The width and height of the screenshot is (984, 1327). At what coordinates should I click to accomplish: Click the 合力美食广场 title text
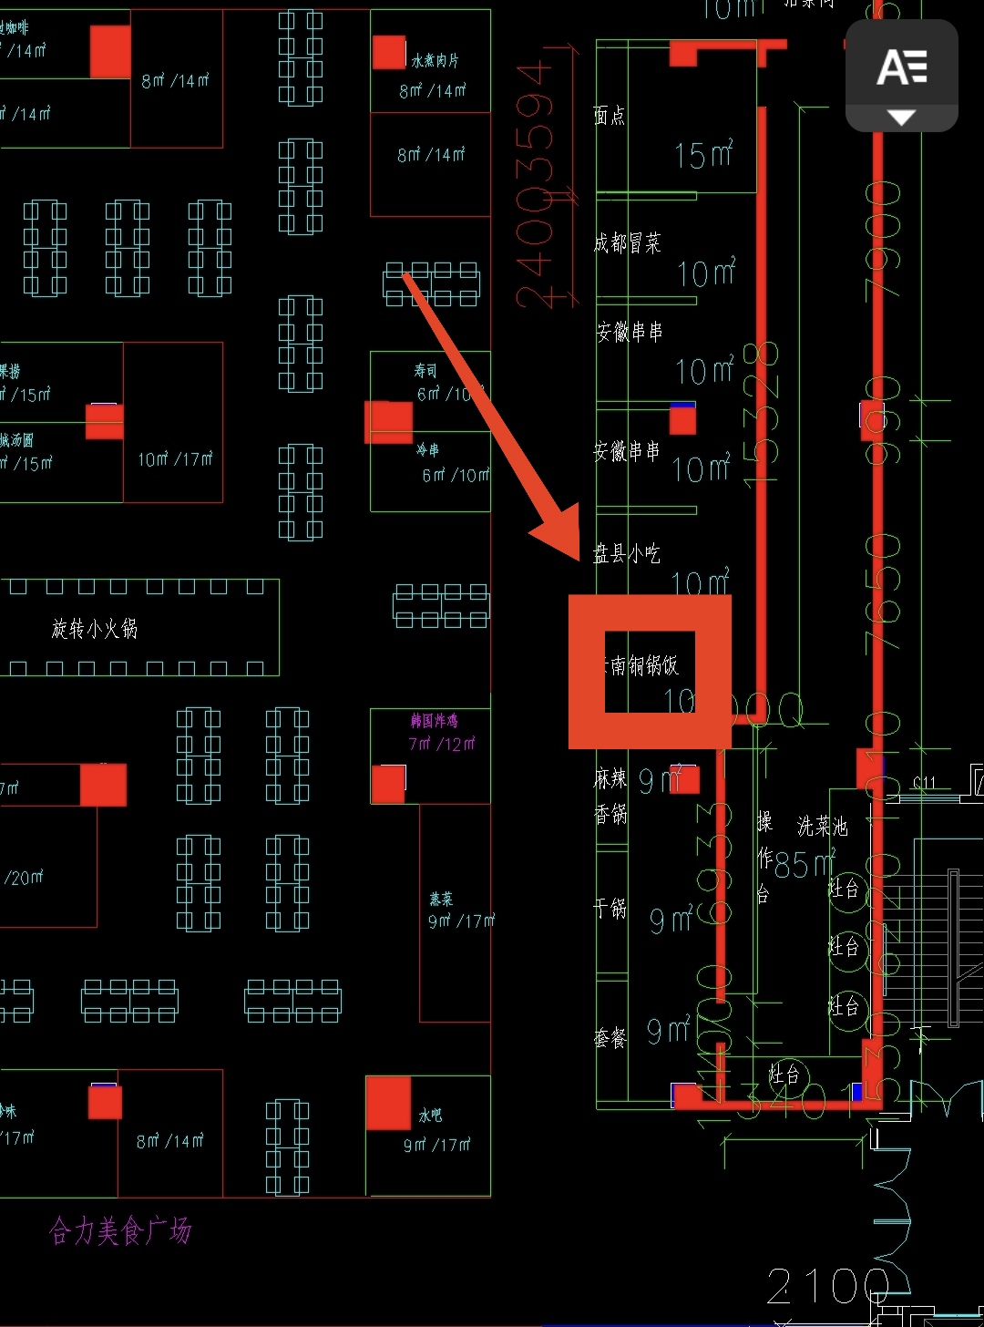(x=120, y=1231)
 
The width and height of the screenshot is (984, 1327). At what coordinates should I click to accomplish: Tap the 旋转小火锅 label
(x=94, y=628)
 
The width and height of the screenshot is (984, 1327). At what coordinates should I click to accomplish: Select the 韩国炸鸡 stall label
(x=434, y=721)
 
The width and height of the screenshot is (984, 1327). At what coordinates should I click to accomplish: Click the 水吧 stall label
(x=430, y=1115)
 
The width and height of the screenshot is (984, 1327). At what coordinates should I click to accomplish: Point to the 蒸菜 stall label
(x=441, y=899)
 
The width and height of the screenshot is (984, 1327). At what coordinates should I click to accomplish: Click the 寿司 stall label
(x=425, y=371)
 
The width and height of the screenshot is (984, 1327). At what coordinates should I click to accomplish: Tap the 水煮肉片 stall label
(x=435, y=61)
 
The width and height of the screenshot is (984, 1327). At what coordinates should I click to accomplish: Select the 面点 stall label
(x=610, y=115)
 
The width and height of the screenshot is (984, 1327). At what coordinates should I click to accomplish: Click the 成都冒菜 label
(x=627, y=242)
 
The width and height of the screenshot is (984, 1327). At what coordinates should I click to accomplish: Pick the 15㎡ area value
(x=703, y=155)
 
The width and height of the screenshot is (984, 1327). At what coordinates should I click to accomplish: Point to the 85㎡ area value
(x=804, y=864)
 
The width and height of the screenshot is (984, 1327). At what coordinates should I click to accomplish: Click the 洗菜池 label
(x=822, y=826)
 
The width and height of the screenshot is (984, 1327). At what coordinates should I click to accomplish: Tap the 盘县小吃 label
(x=627, y=553)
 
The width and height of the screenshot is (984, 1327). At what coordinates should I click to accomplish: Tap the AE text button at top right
(x=901, y=68)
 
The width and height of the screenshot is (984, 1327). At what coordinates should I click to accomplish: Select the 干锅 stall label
(x=610, y=908)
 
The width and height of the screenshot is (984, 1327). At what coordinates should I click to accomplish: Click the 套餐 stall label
(x=610, y=1038)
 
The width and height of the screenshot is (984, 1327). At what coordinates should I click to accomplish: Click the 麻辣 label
(x=610, y=779)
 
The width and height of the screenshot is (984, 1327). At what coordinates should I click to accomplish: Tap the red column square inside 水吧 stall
(x=388, y=1103)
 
